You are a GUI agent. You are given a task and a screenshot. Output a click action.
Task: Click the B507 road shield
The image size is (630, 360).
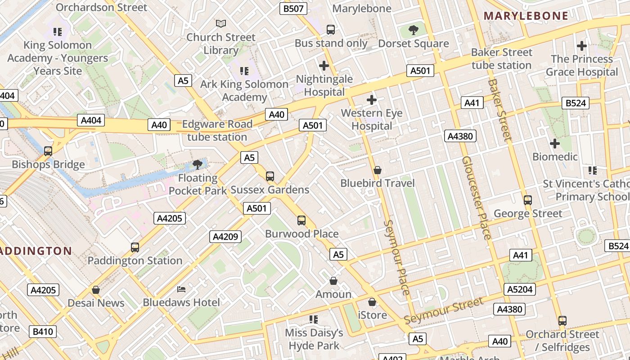(x=293, y=9)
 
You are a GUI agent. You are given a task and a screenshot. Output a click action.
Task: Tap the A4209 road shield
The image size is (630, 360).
(x=225, y=236)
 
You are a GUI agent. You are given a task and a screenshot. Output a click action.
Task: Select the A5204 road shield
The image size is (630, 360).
(x=520, y=289)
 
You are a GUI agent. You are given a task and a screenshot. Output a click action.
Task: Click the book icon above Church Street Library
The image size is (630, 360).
(x=220, y=23)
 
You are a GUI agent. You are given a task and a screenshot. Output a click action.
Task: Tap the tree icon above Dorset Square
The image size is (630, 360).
(x=413, y=30)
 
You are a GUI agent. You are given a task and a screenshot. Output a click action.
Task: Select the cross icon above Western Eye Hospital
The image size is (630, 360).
(x=372, y=99)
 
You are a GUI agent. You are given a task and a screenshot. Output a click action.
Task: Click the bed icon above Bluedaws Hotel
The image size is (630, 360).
(x=181, y=288)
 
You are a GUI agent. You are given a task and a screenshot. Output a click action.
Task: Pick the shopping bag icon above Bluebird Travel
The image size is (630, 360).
(x=378, y=170)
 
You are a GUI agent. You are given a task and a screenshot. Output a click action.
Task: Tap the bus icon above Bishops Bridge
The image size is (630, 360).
(x=48, y=151)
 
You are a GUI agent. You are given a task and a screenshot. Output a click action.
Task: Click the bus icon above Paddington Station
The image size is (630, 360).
(x=135, y=247)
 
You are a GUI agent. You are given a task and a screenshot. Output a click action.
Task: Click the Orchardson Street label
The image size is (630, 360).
(x=101, y=7)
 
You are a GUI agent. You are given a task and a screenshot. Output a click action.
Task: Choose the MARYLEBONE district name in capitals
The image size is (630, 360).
(x=526, y=16)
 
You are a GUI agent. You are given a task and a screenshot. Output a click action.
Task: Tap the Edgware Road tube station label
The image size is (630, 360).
(x=217, y=130)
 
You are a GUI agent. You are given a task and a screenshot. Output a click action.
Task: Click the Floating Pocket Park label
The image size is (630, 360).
(x=198, y=184)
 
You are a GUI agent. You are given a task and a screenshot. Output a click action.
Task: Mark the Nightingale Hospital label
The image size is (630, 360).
(x=324, y=85)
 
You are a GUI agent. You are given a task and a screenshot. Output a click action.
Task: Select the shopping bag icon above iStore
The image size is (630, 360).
(x=372, y=302)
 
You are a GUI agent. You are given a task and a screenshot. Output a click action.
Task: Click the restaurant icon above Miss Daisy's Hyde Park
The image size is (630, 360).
(x=314, y=319)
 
